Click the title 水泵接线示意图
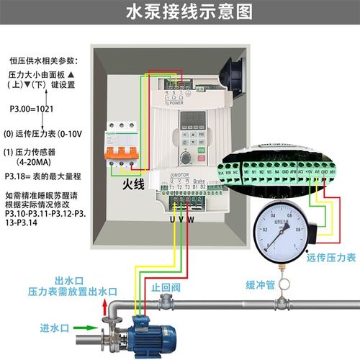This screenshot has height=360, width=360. click(180, 12)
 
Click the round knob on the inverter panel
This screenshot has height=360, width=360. click(186, 158)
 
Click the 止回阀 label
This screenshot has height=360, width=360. click(165, 286)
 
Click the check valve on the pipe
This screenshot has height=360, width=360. click(167, 303)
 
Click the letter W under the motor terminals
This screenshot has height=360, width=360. click(190, 220)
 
